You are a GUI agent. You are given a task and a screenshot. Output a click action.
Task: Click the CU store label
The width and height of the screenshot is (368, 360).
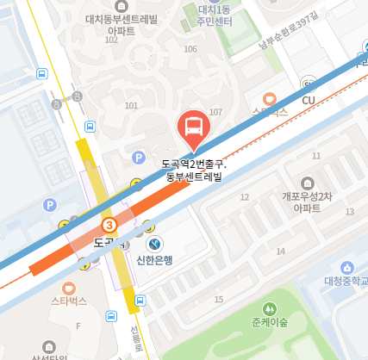coord(309,100)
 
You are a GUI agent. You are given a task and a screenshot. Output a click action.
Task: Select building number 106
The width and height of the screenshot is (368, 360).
coord(190,49)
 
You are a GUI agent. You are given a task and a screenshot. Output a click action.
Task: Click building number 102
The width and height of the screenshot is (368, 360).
coord(110,40)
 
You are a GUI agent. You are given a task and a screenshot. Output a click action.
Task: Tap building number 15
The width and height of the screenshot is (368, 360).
coord(218,299)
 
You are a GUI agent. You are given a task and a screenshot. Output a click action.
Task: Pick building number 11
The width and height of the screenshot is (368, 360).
coord(316,156)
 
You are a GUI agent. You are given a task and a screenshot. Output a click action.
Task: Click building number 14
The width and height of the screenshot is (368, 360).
coord(280,251)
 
